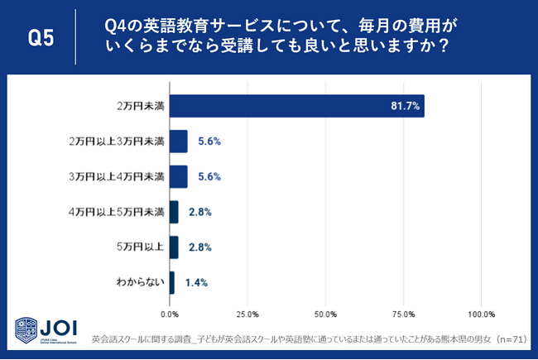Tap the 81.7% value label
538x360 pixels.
point(406,106)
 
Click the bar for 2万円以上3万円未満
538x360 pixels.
point(178,142)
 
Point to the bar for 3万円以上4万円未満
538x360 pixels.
point(178,176)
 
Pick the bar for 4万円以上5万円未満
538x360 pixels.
point(174,212)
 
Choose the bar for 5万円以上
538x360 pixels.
point(174,247)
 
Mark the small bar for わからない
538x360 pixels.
point(171,282)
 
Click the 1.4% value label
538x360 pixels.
point(196,282)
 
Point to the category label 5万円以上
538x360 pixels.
point(142,247)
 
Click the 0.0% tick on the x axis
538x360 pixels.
point(170,314)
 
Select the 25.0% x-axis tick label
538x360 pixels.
point(247,314)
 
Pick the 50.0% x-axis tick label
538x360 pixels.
point(325,314)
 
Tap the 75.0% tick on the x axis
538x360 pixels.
point(403,314)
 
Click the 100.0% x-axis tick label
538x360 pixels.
point(481,314)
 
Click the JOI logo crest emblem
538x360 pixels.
point(26,331)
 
